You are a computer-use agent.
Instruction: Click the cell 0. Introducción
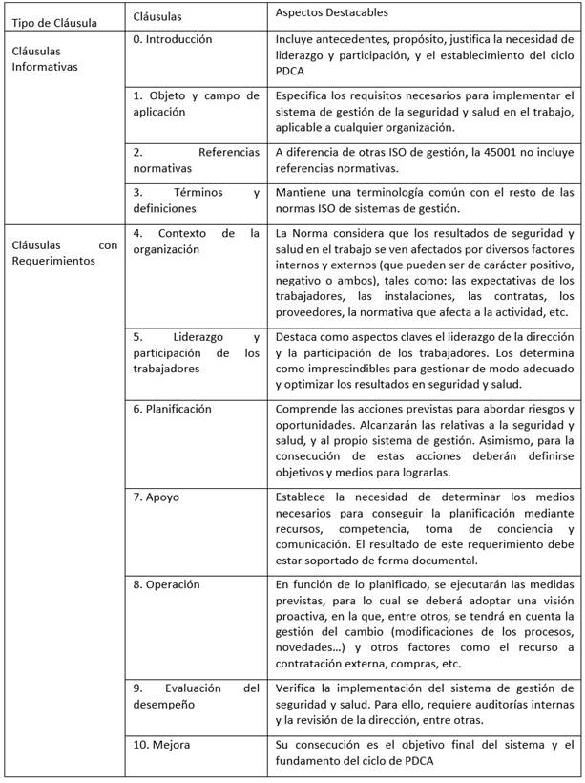click(x=173, y=40)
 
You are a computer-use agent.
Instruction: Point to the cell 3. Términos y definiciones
click(x=196, y=200)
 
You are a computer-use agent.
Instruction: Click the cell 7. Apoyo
click(x=157, y=497)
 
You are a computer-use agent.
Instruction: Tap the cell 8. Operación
click(x=166, y=584)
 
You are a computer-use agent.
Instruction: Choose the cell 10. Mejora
click(x=162, y=745)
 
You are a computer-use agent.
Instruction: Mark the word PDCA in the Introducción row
click(x=290, y=71)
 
